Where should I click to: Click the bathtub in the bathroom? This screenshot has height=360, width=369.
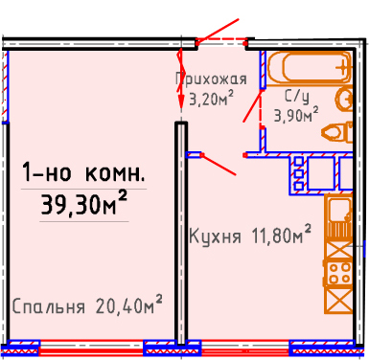(309, 68)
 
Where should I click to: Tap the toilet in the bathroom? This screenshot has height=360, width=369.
(337, 131)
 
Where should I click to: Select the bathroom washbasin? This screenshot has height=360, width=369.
(344, 99)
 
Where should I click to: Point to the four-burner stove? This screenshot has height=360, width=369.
(338, 274)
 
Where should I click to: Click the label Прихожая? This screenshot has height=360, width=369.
(211, 79)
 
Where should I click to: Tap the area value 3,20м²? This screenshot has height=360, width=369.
(211, 99)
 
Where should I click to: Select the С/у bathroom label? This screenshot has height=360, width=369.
(297, 96)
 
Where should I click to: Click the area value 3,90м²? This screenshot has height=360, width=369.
(296, 114)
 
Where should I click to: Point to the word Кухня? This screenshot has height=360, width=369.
(215, 236)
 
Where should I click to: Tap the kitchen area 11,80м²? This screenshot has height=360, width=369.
(281, 235)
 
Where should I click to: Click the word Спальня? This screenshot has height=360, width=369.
(49, 306)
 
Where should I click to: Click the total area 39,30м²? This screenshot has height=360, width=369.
(84, 203)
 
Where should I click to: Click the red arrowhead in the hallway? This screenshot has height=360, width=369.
(181, 102)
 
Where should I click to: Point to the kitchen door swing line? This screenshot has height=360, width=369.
(219, 165)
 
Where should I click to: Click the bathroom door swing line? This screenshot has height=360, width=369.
(253, 106)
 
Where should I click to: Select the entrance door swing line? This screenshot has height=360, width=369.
(218, 31)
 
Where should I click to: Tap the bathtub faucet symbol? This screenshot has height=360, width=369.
(342, 67)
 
